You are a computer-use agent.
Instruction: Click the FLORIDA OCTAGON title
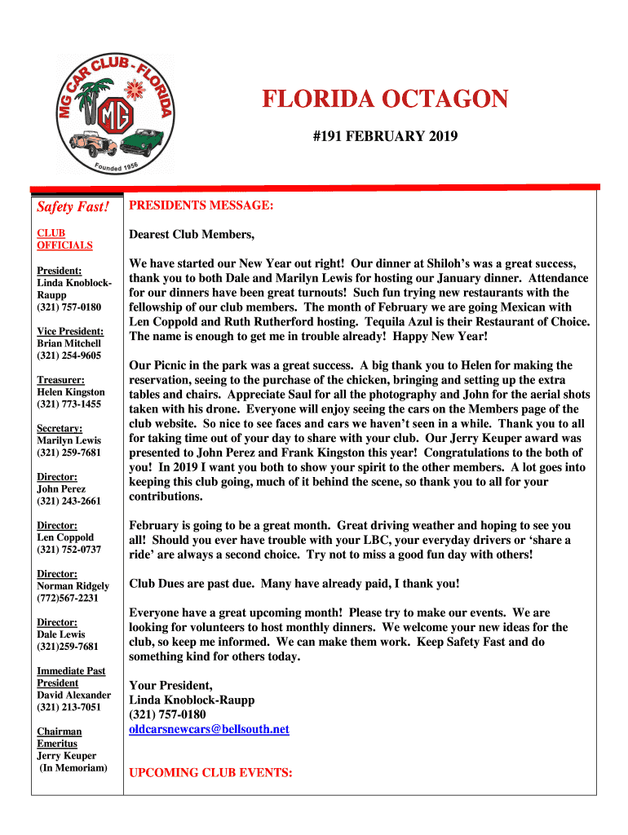[x=385, y=100]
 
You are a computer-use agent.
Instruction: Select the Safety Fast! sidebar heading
[x=73, y=207]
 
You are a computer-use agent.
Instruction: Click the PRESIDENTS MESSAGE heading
[x=201, y=205]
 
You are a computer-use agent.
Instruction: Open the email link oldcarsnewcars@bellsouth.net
[x=209, y=729]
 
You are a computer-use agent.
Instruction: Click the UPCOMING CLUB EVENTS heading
[x=210, y=772]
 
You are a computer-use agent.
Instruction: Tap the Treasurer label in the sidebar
[x=60, y=379]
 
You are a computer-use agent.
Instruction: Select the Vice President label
[x=70, y=331]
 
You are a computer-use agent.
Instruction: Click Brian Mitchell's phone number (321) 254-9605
[x=69, y=356]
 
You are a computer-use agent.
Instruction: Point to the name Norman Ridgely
[x=72, y=585]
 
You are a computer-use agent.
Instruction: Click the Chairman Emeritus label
[x=59, y=737]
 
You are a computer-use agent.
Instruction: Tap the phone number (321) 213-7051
[x=69, y=707]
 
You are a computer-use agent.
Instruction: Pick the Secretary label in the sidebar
[x=58, y=428]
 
